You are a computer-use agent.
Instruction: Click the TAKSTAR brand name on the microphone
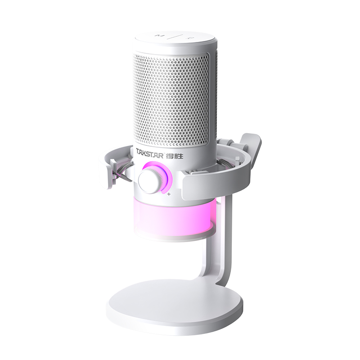pos(151,152)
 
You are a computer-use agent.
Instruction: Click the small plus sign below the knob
pos(169,194)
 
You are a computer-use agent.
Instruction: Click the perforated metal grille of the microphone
pos(172,99)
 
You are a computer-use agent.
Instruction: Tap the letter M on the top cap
pos(158,34)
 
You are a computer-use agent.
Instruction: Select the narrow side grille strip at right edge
pos(214,99)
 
